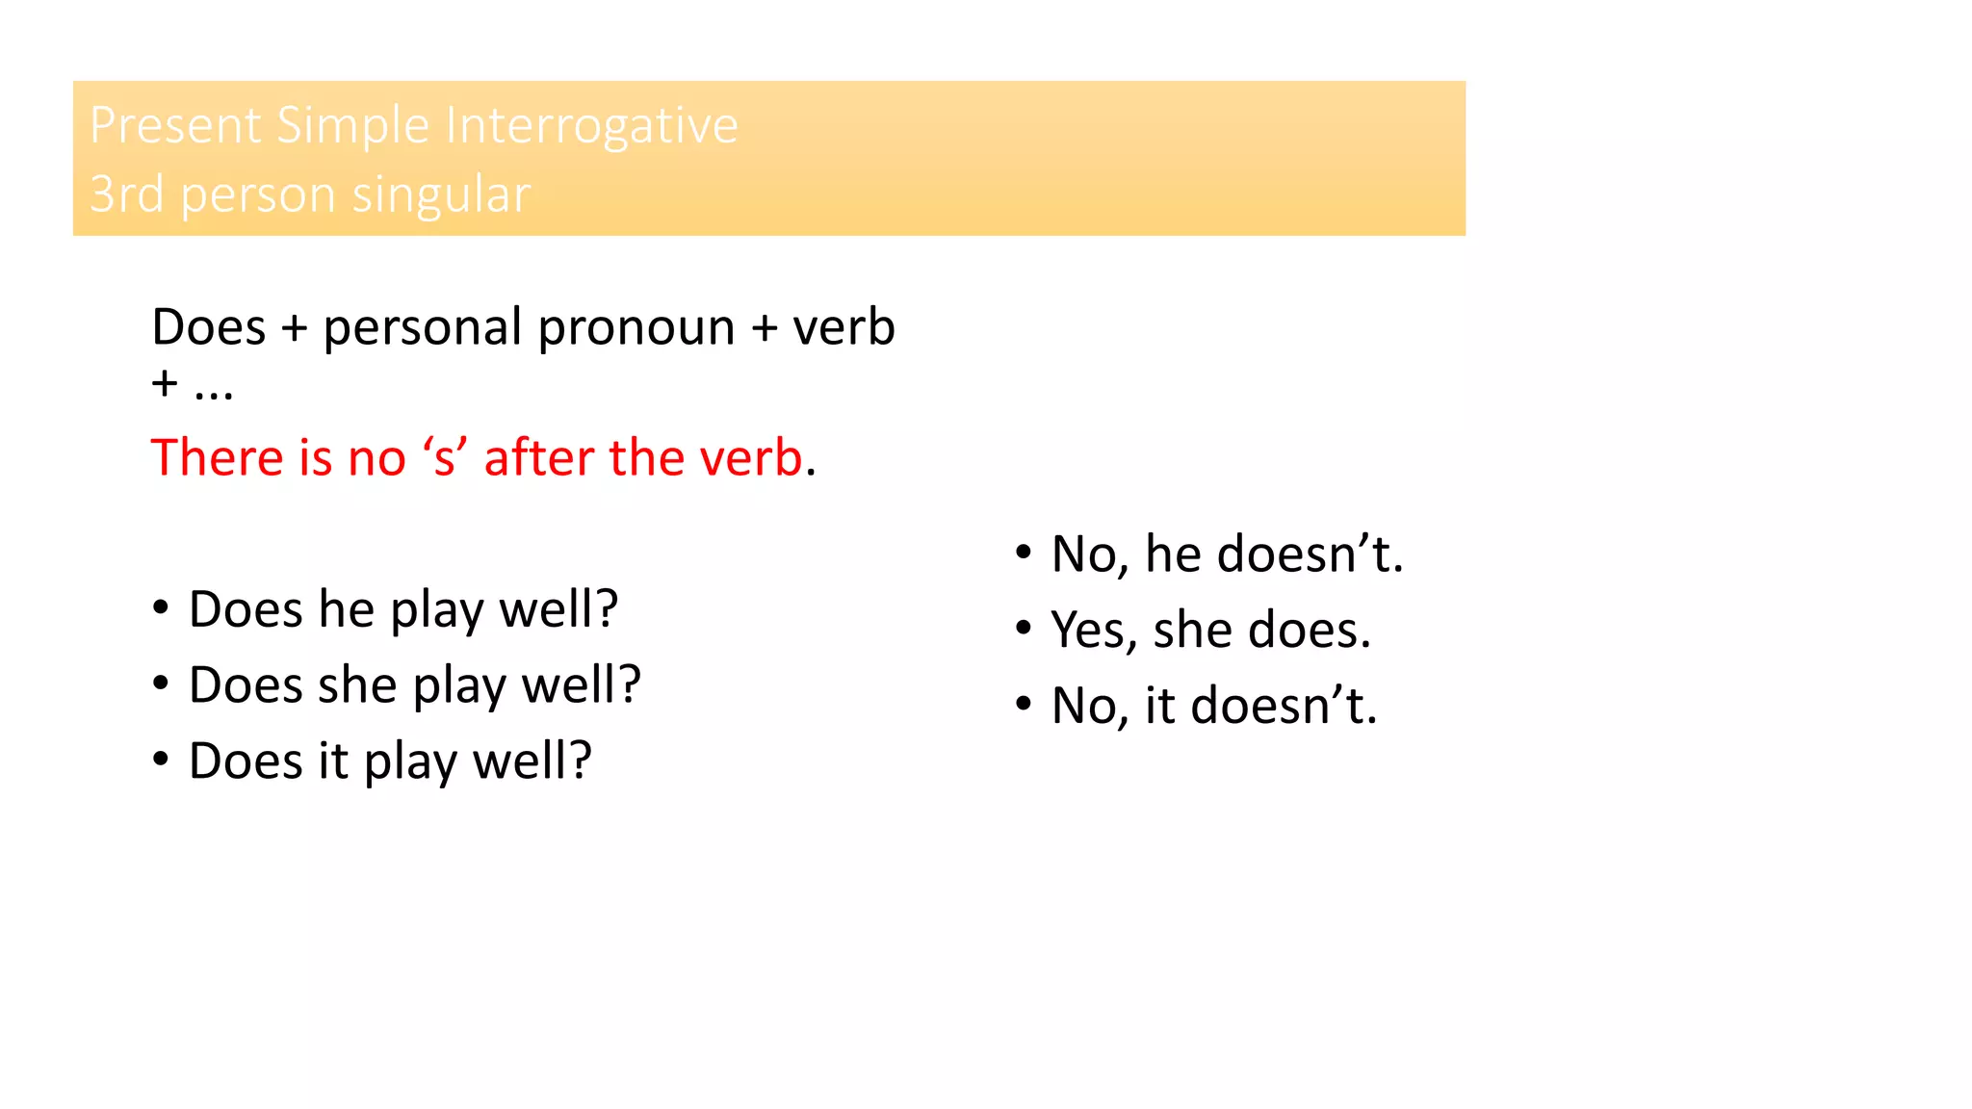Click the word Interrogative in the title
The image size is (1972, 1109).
tap(591, 126)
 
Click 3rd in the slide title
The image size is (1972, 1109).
tap(126, 195)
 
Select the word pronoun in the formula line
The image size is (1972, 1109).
tap(636, 328)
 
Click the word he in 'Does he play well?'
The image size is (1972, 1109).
tap(347, 609)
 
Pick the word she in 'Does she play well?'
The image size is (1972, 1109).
tap(357, 685)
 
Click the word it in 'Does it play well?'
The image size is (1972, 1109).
tap(333, 761)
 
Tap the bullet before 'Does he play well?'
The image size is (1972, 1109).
tap(161, 608)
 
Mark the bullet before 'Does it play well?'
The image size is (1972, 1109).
tap(161, 761)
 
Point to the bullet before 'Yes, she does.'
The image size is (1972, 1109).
tap(1024, 629)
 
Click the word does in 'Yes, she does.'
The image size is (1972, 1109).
tap(1309, 631)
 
